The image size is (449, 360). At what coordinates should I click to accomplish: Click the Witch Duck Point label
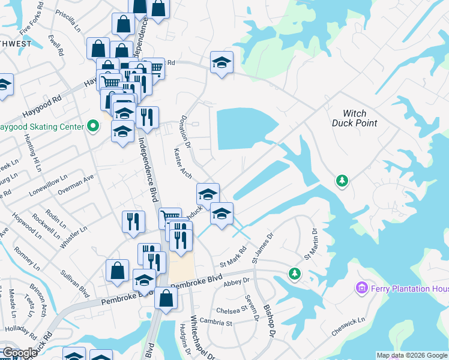[x=354, y=118]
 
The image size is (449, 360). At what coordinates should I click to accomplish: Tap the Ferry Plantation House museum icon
[x=361, y=289]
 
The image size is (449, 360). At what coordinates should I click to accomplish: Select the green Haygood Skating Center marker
[x=92, y=127]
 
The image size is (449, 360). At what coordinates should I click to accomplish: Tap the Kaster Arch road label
[x=182, y=163]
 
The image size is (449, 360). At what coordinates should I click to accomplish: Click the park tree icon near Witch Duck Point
[x=342, y=180]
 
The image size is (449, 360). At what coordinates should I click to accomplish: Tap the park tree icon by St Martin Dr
[x=294, y=274]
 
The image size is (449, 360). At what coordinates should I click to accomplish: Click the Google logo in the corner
[x=20, y=353]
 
